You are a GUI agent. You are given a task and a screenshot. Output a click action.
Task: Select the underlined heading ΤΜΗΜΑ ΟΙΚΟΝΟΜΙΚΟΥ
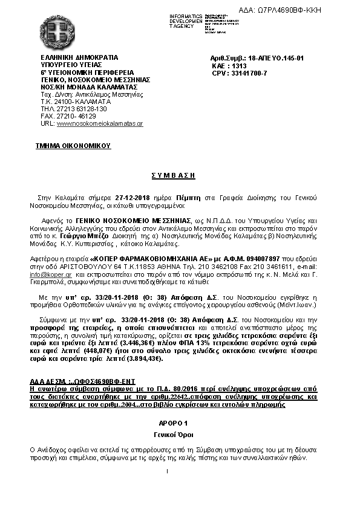(73, 146)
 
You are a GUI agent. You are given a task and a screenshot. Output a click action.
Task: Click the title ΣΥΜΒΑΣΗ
(180, 175)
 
